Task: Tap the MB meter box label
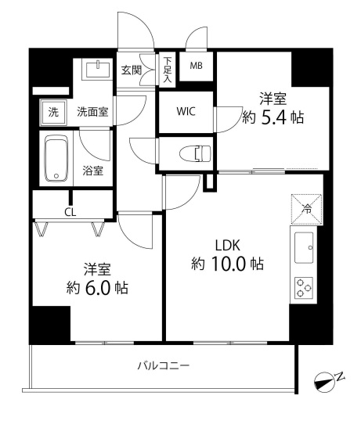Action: (x=196, y=66)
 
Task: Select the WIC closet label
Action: (x=186, y=112)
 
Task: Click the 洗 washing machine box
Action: (x=53, y=112)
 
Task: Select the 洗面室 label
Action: (x=92, y=112)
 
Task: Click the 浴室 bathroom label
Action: (x=92, y=171)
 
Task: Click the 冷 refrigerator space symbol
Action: (x=306, y=209)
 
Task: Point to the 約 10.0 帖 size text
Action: (x=227, y=264)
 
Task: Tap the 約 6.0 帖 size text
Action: (x=97, y=287)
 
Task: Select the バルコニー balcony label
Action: (x=163, y=365)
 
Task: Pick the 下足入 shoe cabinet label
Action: (x=167, y=69)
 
